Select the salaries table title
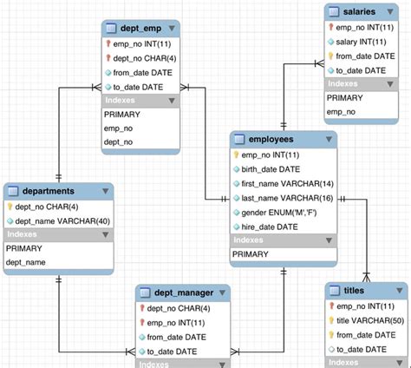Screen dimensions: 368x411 click(x=358, y=11)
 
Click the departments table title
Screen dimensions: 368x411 click(x=43, y=191)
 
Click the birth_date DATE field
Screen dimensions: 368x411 click(x=271, y=168)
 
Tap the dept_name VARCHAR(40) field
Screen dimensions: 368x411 click(x=60, y=220)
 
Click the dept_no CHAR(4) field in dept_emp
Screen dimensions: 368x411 click(x=141, y=58)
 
